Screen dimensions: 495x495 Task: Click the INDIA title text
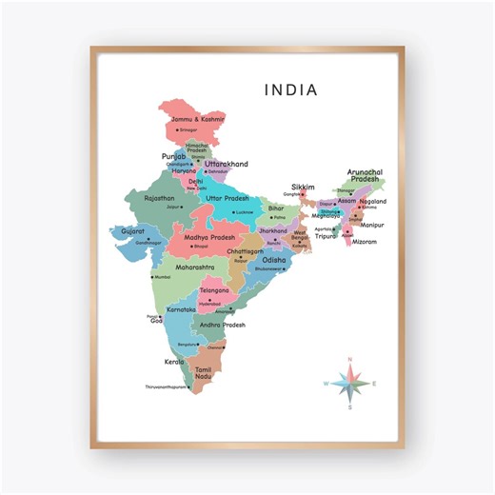pyautogui.click(x=291, y=89)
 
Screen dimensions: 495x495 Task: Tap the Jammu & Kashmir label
pyautogui.click(x=197, y=119)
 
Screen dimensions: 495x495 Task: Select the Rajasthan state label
pyautogui.click(x=159, y=198)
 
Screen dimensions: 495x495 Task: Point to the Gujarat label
pyautogui.click(x=133, y=230)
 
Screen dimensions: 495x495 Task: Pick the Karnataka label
pyautogui.click(x=181, y=309)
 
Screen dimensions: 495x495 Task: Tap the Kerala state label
pyautogui.click(x=173, y=363)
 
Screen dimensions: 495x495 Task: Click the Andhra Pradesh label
pyautogui.click(x=222, y=325)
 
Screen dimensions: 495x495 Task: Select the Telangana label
pyautogui.click(x=214, y=289)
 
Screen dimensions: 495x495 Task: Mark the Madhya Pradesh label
pyautogui.click(x=208, y=236)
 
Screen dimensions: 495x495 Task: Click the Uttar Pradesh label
pyautogui.click(x=227, y=198)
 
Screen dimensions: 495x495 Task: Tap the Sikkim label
pyautogui.click(x=303, y=188)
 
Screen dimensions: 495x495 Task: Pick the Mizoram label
pyautogui.click(x=365, y=242)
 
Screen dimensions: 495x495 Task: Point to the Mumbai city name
pyautogui.click(x=162, y=277)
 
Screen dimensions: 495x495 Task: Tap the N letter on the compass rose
pyautogui.click(x=350, y=359)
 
